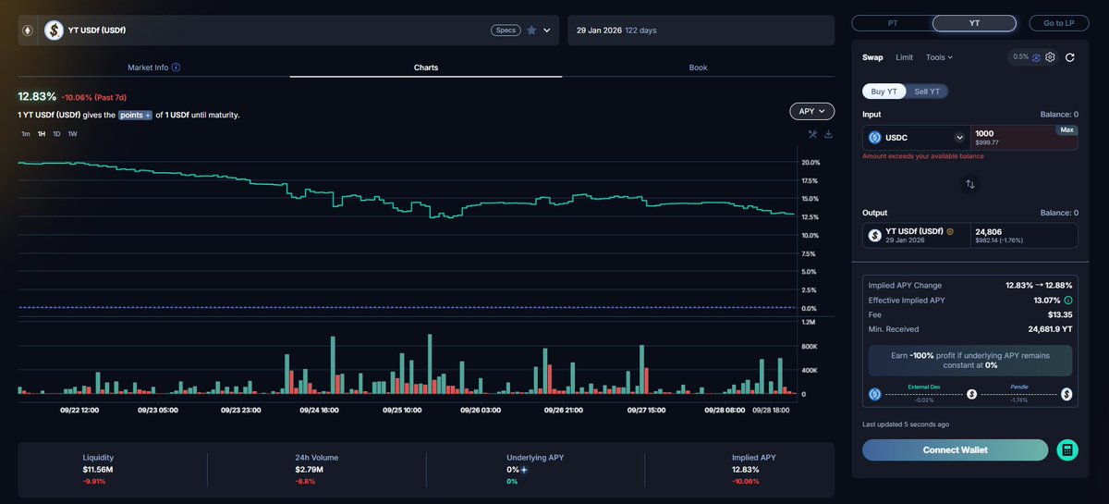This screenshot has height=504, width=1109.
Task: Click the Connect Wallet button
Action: coord(955,450)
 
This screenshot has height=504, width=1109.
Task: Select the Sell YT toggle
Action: coord(927,91)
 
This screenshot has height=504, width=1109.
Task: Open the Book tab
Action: coord(698,68)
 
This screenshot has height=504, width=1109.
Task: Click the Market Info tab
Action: coord(153,68)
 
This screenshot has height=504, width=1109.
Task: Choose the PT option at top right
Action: coord(891,23)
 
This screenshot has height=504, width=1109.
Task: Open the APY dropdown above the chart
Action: coord(811,111)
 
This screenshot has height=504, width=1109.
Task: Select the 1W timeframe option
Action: coord(72,134)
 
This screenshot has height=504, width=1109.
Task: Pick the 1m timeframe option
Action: coord(26,134)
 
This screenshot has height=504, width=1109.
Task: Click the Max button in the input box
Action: coord(1066,130)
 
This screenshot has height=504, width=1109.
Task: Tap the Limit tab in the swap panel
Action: coord(904,57)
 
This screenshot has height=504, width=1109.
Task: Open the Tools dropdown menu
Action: coord(938,57)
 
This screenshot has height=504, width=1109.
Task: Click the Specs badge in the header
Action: coord(506,31)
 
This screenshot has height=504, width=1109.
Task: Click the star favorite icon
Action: coord(531,31)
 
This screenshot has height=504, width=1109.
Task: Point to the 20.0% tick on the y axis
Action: coord(811,163)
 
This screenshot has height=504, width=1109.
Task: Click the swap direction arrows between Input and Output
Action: coord(969,184)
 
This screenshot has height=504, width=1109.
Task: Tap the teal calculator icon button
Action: coord(1067,450)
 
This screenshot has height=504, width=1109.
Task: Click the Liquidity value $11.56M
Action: coord(97,470)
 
